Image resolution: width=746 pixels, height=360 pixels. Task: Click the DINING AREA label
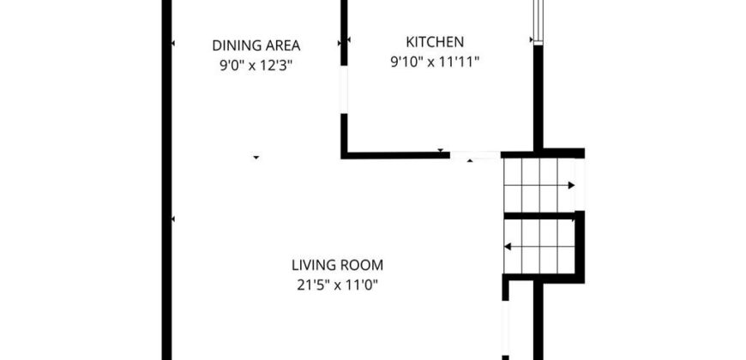coord(256,45)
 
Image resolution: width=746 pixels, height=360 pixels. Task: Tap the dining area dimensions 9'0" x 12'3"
coord(255,65)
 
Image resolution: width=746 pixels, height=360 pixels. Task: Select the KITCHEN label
coord(435,42)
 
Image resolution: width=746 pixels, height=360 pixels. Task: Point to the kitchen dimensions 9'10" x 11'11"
coord(435,62)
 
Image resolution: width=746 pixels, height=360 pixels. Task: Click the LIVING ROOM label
coord(337,264)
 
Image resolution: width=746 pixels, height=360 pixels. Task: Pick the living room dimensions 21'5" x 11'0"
coord(337,285)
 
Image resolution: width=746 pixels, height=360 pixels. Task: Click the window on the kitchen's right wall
coord(538,22)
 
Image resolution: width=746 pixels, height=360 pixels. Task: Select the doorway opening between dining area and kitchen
coord(344,90)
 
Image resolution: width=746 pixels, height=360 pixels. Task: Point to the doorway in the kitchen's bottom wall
coord(475,155)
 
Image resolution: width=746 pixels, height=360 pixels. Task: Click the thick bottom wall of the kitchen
coord(395,155)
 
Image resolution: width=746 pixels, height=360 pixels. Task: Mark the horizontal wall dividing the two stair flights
coord(539,216)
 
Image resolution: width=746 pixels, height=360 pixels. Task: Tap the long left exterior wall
coord(166,180)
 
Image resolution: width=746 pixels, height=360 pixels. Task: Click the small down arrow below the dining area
coord(256,158)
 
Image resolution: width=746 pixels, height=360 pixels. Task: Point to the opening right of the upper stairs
coord(580,184)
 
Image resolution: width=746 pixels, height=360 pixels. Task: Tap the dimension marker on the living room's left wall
coord(172,219)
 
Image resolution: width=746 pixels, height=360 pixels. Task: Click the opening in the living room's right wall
coord(505,328)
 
